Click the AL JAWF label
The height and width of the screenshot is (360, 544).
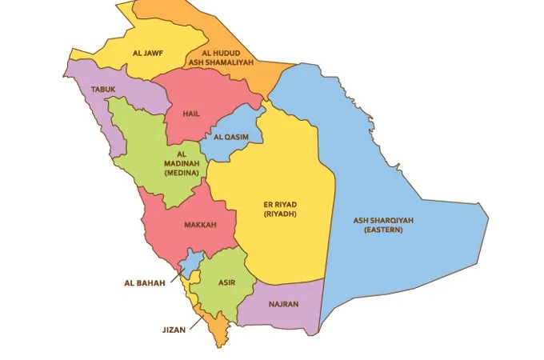(148, 54)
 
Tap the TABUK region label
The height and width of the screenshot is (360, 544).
(104, 89)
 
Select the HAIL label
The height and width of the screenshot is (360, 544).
(191, 114)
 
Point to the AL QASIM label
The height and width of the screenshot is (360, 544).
(230, 137)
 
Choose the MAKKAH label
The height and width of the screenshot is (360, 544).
(200, 225)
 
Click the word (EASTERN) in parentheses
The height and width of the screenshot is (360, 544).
(383, 230)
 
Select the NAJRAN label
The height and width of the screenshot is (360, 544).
(283, 305)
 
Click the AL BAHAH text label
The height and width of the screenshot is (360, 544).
(144, 282)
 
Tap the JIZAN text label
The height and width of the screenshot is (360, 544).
(174, 328)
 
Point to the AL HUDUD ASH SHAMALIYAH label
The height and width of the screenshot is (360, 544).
(215, 58)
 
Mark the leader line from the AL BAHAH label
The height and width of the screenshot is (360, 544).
(175, 274)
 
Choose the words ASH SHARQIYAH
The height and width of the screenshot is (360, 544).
(383, 220)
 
